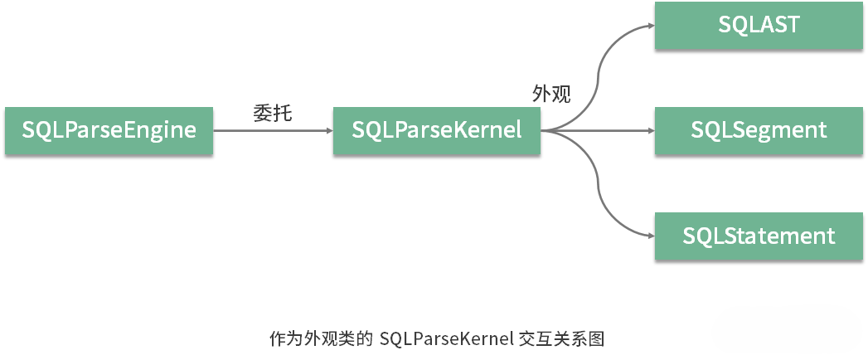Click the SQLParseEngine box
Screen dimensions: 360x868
109,130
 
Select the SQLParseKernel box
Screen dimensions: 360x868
436,130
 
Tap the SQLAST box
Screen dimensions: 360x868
759,25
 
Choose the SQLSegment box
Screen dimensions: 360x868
759,130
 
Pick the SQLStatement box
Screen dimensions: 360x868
759,236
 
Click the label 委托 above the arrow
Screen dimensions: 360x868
272,113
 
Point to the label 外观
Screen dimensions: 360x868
551,94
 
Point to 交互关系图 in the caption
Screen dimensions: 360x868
563,339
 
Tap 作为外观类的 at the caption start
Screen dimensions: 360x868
321,339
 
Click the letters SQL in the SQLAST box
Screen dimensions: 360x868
736,25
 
